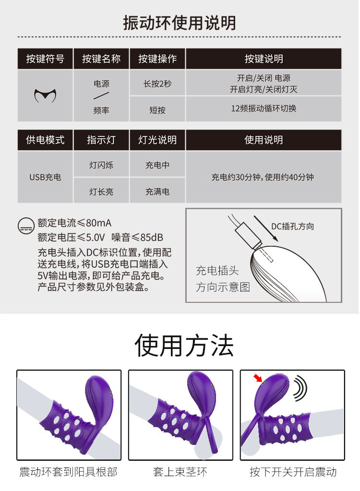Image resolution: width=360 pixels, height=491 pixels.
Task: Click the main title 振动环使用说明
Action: click(180, 23)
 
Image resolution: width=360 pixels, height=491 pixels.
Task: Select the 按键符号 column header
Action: click(45, 59)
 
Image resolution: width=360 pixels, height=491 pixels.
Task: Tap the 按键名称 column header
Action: click(101, 59)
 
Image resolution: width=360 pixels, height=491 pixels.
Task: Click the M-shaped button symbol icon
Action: click(46, 96)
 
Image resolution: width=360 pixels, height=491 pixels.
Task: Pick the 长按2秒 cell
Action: click(157, 84)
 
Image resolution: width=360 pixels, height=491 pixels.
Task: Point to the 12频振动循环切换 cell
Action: click(264, 108)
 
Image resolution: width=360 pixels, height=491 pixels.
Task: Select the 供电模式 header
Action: click(45, 140)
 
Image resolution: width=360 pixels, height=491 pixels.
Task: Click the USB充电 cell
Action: click(45, 177)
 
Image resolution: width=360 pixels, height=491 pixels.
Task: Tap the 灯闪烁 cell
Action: click(101, 165)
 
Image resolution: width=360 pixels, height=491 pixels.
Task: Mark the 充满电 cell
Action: click(157, 192)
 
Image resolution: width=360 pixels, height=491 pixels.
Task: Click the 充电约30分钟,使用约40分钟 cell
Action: click(263, 177)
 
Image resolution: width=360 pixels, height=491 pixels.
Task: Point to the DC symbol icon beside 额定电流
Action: click(26, 226)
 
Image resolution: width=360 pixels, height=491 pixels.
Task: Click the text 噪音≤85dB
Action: click(137, 238)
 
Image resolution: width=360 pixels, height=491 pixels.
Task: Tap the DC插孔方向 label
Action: click(292, 226)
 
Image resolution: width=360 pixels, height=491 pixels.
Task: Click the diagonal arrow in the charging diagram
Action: click(266, 228)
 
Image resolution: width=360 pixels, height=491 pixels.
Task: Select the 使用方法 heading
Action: click(184, 346)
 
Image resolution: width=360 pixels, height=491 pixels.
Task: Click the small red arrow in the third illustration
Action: click(258, 378)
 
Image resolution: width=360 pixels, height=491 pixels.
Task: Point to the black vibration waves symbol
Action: click(300, 388)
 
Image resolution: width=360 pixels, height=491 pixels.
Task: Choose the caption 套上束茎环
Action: click(180, 472)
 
